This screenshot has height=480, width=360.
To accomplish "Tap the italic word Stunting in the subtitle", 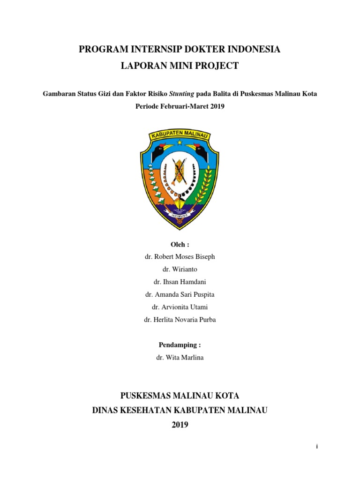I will point(182,93).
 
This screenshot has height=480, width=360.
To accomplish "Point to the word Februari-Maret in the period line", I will point(180,106).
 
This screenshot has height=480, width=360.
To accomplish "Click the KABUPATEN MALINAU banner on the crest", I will point(180,134).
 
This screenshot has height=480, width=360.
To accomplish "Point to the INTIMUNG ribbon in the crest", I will point(180,215).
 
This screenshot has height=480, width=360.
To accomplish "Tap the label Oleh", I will point(180,244).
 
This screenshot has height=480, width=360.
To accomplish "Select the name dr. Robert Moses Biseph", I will point(180,257).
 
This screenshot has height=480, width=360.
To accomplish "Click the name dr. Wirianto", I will point(180,270).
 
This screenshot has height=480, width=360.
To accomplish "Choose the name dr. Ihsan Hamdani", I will point(180,282).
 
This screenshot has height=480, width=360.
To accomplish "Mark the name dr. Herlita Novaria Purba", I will point(180,320).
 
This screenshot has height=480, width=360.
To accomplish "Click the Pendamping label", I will point(180,345).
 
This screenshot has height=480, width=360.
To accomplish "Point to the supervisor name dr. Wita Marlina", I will point(180,358).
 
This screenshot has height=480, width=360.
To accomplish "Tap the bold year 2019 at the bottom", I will point(180,425).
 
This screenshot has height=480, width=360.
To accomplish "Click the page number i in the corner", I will point(317,447).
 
